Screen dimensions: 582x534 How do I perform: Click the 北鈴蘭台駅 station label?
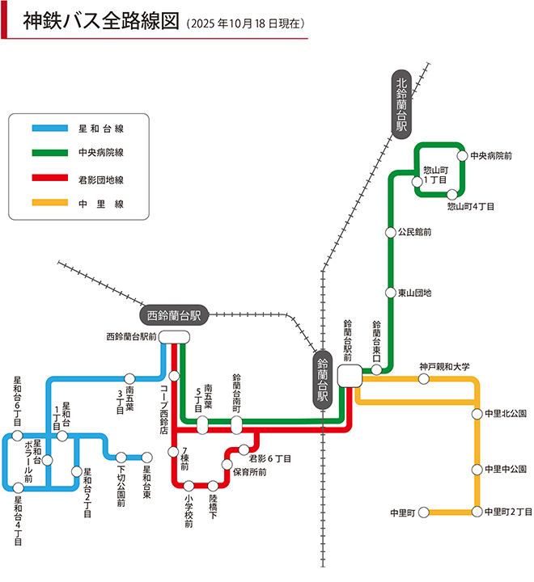[402, 106]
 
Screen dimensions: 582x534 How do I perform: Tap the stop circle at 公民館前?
[390, 232]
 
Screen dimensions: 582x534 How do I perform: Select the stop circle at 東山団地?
[390, 292]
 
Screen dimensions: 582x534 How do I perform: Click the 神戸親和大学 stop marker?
[424, 378]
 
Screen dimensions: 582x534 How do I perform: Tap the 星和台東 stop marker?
[147, 456]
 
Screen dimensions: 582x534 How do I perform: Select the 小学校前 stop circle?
[188, 486]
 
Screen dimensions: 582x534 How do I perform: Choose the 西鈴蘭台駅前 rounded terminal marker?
[173, 336]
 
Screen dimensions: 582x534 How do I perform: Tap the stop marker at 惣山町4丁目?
[453, 194]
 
